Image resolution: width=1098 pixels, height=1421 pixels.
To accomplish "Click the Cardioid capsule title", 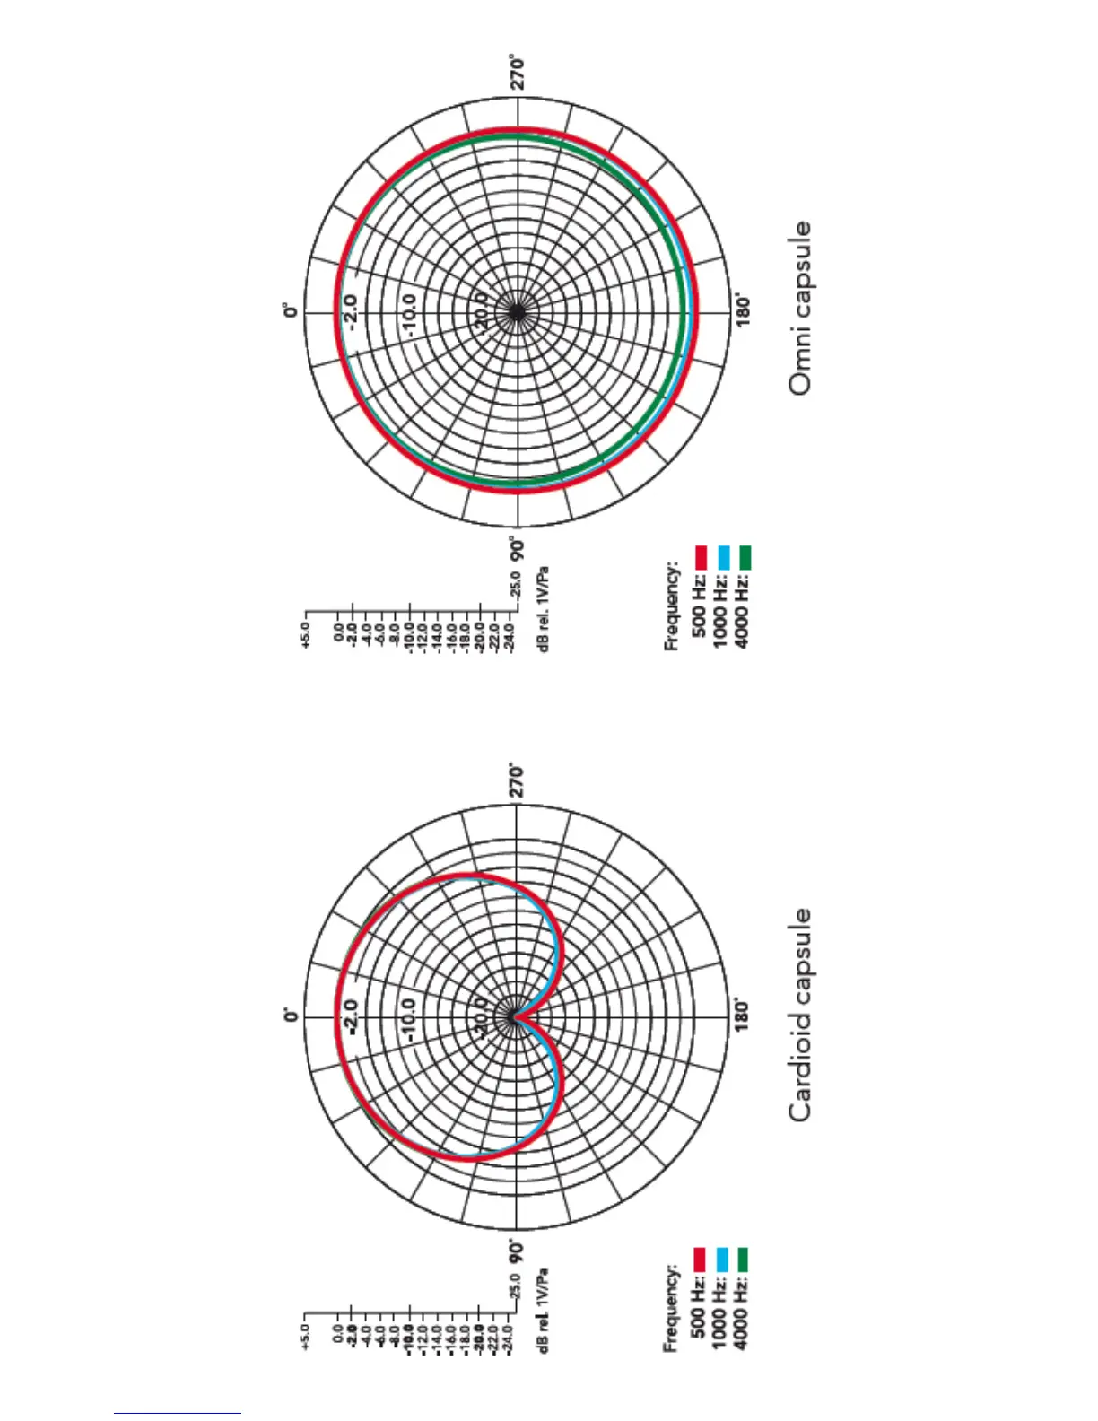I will tap(800, 1015).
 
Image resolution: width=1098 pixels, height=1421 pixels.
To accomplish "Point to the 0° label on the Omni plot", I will tap(290, 311).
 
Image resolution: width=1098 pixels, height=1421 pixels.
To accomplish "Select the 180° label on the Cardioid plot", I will tap(743, 1016).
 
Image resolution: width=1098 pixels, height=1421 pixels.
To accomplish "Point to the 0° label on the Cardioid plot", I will tap(290, 1016).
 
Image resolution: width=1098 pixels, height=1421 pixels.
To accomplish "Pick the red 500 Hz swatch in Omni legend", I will tap(701, 557).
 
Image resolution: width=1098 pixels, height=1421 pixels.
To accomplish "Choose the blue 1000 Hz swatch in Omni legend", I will tap(723, 557).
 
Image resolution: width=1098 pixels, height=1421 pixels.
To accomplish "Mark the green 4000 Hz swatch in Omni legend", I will tap(745, 557).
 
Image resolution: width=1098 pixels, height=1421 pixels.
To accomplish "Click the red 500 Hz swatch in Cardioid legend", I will tap(701, 1260).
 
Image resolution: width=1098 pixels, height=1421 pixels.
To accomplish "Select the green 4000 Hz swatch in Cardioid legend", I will tap(743, 1260).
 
